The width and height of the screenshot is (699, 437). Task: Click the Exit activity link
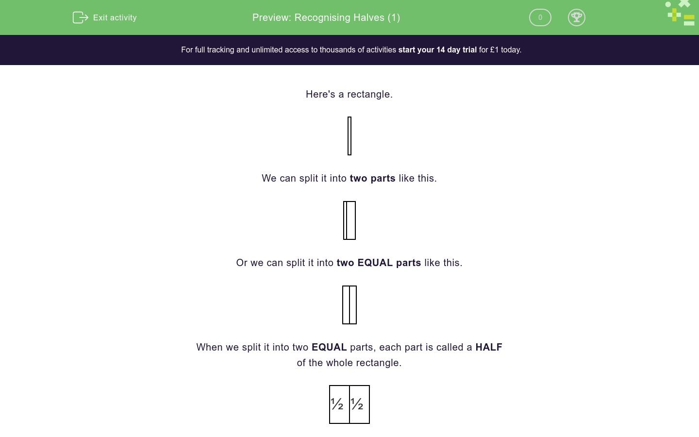pyautogui.click(x=115, y=17)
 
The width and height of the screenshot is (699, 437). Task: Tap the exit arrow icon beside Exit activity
pyautogui.click(x=80, y=17)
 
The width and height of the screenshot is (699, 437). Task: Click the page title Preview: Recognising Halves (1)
pyautogui.click(x=326, y=17)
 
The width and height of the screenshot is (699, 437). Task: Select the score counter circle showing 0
pyautogui.click(x=540, y=17)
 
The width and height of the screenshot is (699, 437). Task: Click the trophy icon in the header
pyautogui.click(x=576, y=17)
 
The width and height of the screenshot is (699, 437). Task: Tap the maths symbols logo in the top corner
pyautogui.click(x=681, y=14)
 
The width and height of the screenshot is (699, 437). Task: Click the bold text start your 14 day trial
pyautogui.click(x=437, y=50)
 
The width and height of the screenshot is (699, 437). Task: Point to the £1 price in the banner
pyautogui.click(x=494, y=50)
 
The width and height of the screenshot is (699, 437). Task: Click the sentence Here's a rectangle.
pyautogui.click(x=349, y=94)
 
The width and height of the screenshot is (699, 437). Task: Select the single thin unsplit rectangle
pyautogui.click(x=349, y=136)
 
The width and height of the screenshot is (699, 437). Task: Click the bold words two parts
pyautogui.click(x=372, y=178)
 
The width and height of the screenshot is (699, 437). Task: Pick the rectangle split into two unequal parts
pyautogui.click(x=349, y=220)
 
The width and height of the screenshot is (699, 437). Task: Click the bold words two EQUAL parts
pyautogui.click(x=379, y=263)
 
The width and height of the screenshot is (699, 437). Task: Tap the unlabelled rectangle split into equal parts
pyautogui.click(x=349, y=305)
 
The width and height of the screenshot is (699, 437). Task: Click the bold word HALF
pyautogui.click(x=489, y=347)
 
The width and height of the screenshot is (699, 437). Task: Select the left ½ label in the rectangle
pyautogui.click(x=337, y=404)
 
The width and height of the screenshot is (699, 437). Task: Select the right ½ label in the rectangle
pyautogui.click(x=357, y=404)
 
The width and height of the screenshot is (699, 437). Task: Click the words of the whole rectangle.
pyautogui.click(x=349, y=363)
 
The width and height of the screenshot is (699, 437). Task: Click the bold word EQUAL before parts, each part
pyautogui.click(x=329, y=347)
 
